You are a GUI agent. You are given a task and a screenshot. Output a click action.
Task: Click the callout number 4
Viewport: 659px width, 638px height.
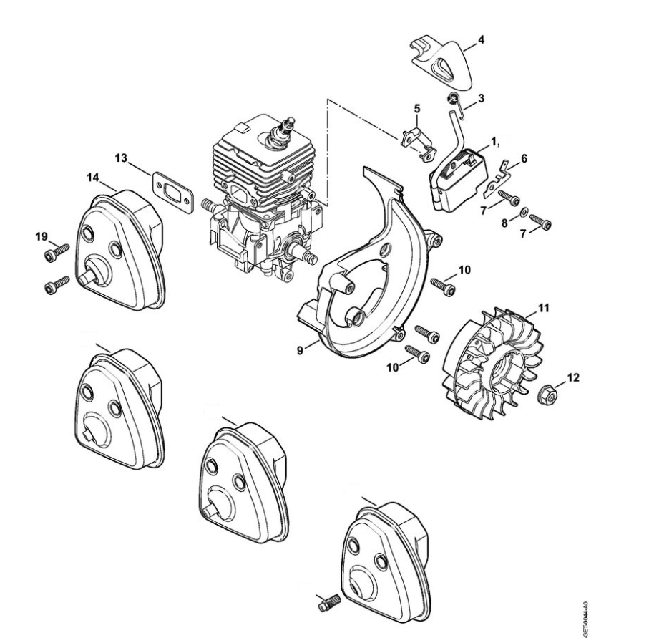coord(481,39)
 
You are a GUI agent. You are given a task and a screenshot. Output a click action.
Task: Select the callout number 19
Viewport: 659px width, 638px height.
coord(43,236)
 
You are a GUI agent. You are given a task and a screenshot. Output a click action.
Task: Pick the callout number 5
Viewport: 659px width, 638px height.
coord(417,109)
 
